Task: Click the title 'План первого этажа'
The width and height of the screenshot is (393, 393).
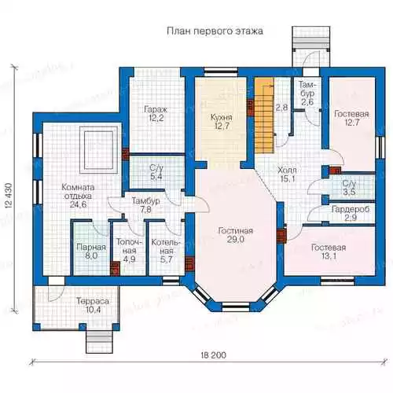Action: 215,31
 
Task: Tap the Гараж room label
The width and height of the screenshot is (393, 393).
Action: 156,109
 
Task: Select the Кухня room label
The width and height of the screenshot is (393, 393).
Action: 222,117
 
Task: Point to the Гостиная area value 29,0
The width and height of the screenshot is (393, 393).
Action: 235,239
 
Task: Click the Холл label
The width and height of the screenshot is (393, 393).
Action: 287,171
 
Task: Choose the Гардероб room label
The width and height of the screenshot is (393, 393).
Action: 351,209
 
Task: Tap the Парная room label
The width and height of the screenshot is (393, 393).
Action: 91,247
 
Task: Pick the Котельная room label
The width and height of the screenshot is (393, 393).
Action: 166,247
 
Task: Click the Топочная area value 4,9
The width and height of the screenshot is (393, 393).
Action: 129,259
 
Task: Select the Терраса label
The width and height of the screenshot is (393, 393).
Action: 93,301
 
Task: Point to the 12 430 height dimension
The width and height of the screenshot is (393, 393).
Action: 8,196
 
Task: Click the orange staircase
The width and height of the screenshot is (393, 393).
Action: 264,115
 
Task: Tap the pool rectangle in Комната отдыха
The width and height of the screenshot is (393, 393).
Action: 98,149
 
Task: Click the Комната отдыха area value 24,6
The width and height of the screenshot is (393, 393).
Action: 78,204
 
